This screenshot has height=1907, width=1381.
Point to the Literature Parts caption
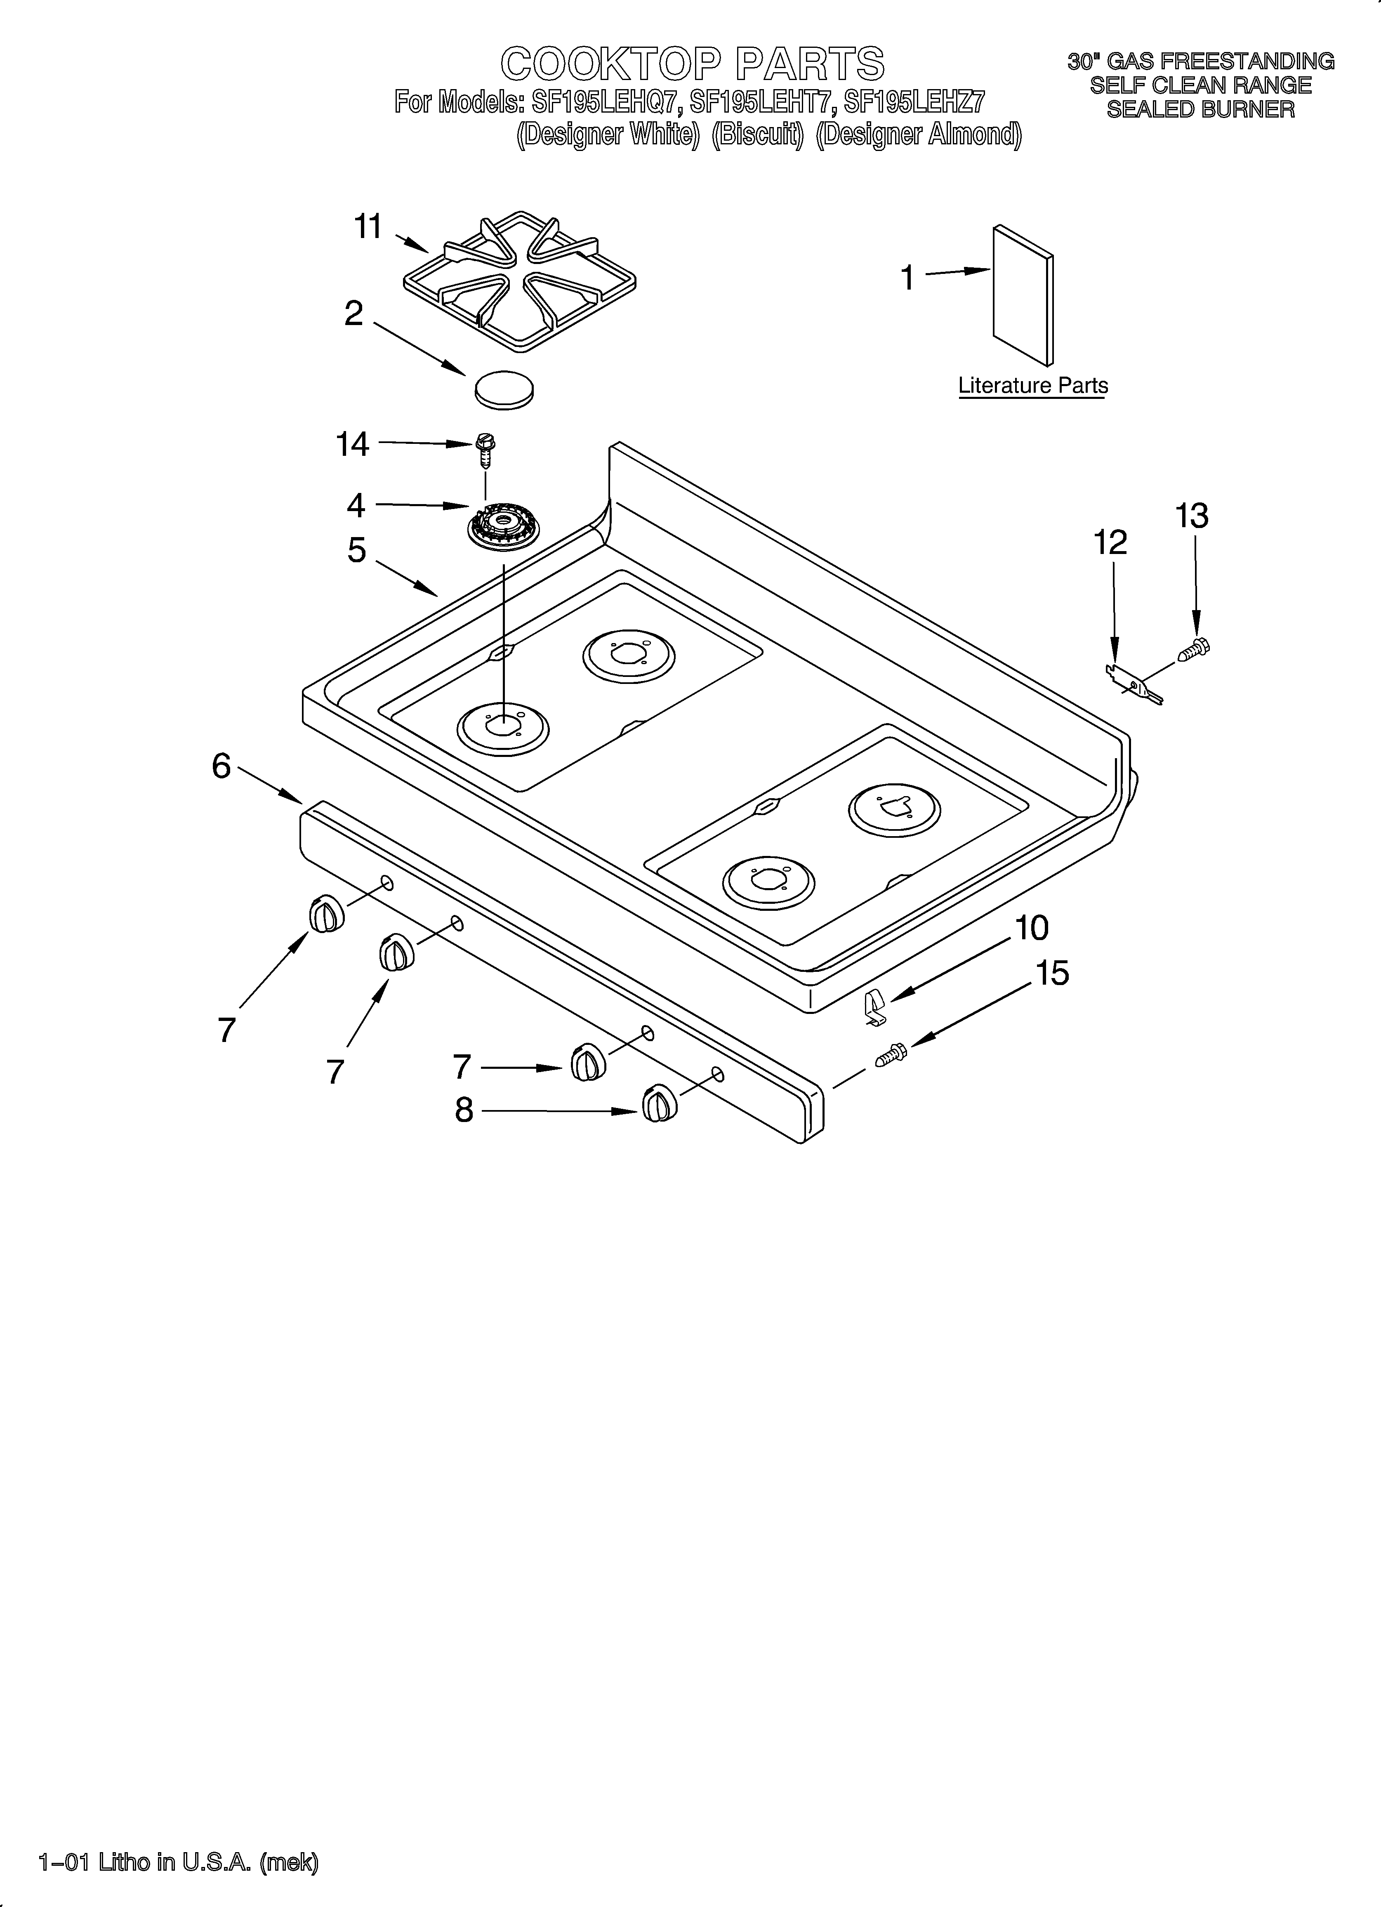1033,386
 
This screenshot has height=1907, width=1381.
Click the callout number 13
1192,516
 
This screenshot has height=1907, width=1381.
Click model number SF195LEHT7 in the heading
761,103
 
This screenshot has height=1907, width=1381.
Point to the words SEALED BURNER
1200,109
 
